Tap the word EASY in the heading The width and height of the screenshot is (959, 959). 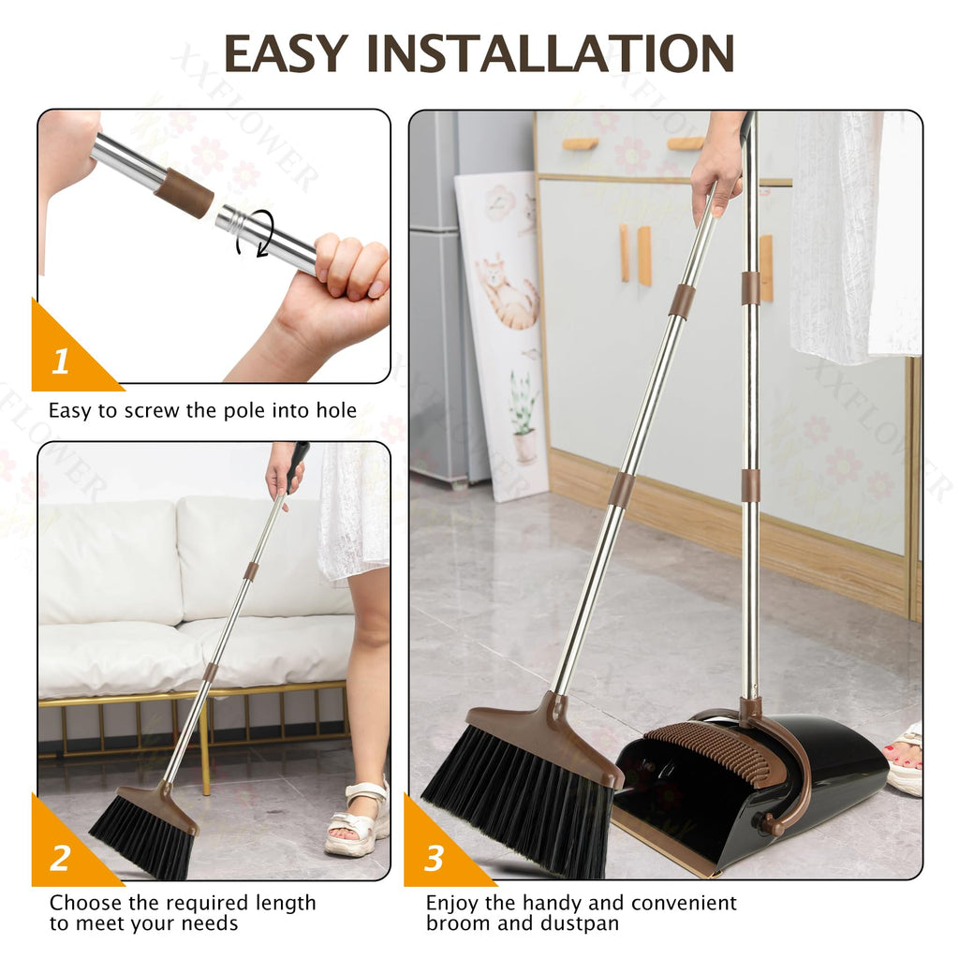tap(286, 53)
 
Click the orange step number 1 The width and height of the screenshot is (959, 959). tap(60, 361)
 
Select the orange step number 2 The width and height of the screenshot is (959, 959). tap(60, 858)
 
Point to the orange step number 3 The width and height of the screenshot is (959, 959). tap(433, 858)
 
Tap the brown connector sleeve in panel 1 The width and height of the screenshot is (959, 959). tap(184, 193)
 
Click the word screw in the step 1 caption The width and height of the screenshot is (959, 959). tap(153, 411)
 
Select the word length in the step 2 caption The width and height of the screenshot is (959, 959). tap(286, 904)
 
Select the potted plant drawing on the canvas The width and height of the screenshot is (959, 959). tap(522, 416)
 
